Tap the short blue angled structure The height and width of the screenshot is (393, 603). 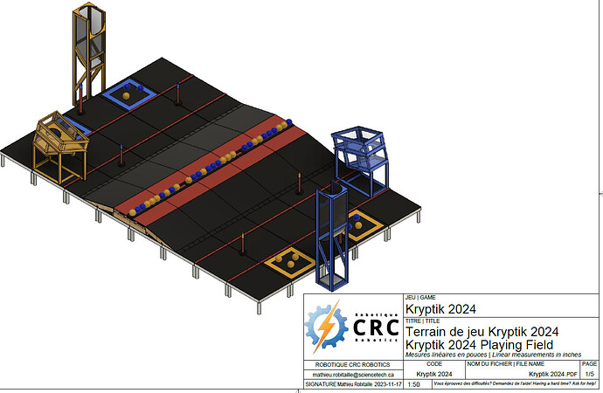click(360, 157)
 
